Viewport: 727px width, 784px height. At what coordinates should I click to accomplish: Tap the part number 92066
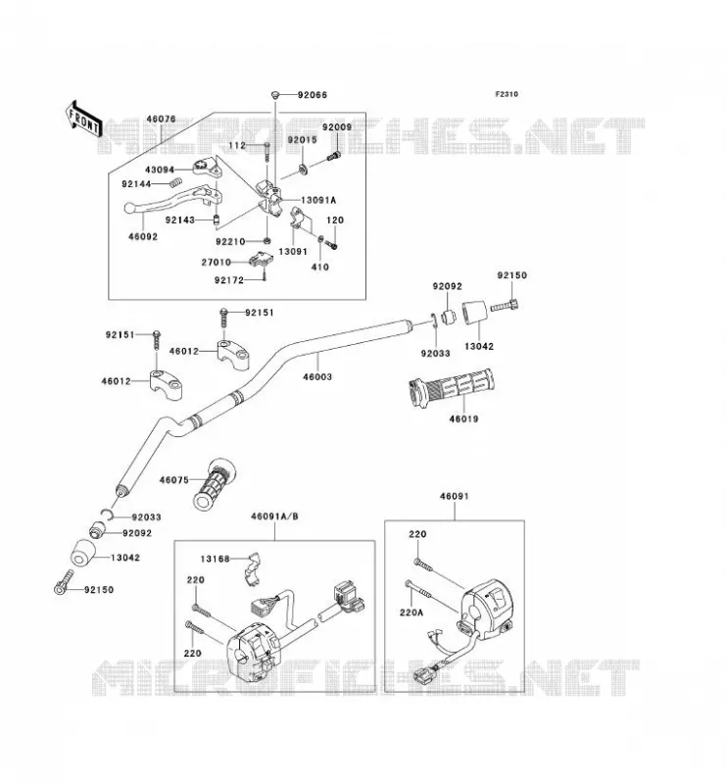pyautogui.click(x=313, y=95)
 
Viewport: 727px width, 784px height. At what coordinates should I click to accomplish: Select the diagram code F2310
pyautogui.click(x=507, y=94)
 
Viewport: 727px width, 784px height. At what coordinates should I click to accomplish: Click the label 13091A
pyautogui.click(x=318, y=200)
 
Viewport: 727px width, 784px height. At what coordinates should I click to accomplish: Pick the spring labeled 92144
pyautogui.click(x=175, y=183)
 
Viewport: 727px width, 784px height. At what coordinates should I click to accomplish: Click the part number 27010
pyautogui.click(x=216, y=262)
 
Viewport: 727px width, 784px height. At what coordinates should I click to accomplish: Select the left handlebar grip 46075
pyautogui.click(x=215, y=484)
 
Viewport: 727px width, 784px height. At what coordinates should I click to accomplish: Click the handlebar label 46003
pyautogui.click(x=317, y=376)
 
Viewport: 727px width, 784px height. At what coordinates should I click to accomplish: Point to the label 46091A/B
pyautogui.click(x=274, y=516)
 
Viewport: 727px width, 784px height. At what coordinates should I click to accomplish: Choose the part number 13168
pyautogui.click(x=215, y=559)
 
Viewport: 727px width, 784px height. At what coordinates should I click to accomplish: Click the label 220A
pyautogui.click(x=412, y=612)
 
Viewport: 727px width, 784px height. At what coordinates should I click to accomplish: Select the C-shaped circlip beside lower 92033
pyautogui.click(x=107, y=514)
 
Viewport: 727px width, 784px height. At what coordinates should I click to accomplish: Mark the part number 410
pyautogui.click(x=320, y=267)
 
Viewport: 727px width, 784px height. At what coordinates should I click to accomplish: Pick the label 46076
pyautogui.click(x=161, y=119)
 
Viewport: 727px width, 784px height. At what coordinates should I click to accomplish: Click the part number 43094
pyautogui.click(x=160, y=170)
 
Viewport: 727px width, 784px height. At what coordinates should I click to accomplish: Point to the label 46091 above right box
pyautogui.click(x=455, y=496)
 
